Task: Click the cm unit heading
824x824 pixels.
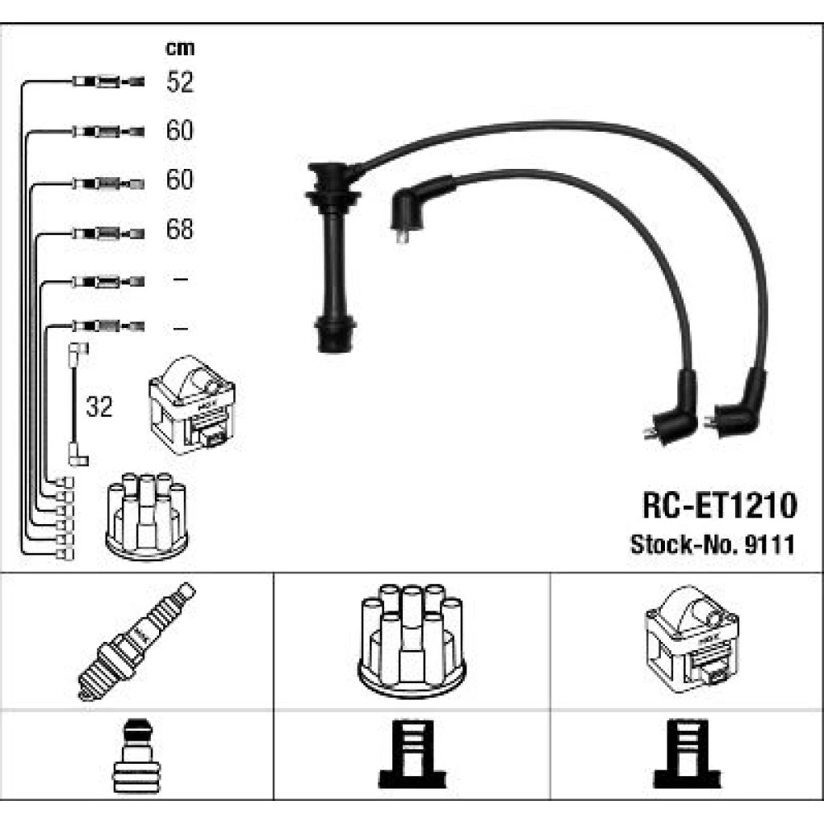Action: [180, 49]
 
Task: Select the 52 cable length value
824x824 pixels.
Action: [180, 82]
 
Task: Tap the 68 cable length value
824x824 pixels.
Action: [180, 229]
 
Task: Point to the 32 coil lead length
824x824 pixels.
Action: [99, 407]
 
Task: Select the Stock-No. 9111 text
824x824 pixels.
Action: [712, 544]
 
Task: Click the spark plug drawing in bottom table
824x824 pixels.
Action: [137, 641]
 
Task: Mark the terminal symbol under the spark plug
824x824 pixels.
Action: [137, 754]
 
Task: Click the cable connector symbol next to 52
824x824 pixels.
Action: [108, 82]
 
